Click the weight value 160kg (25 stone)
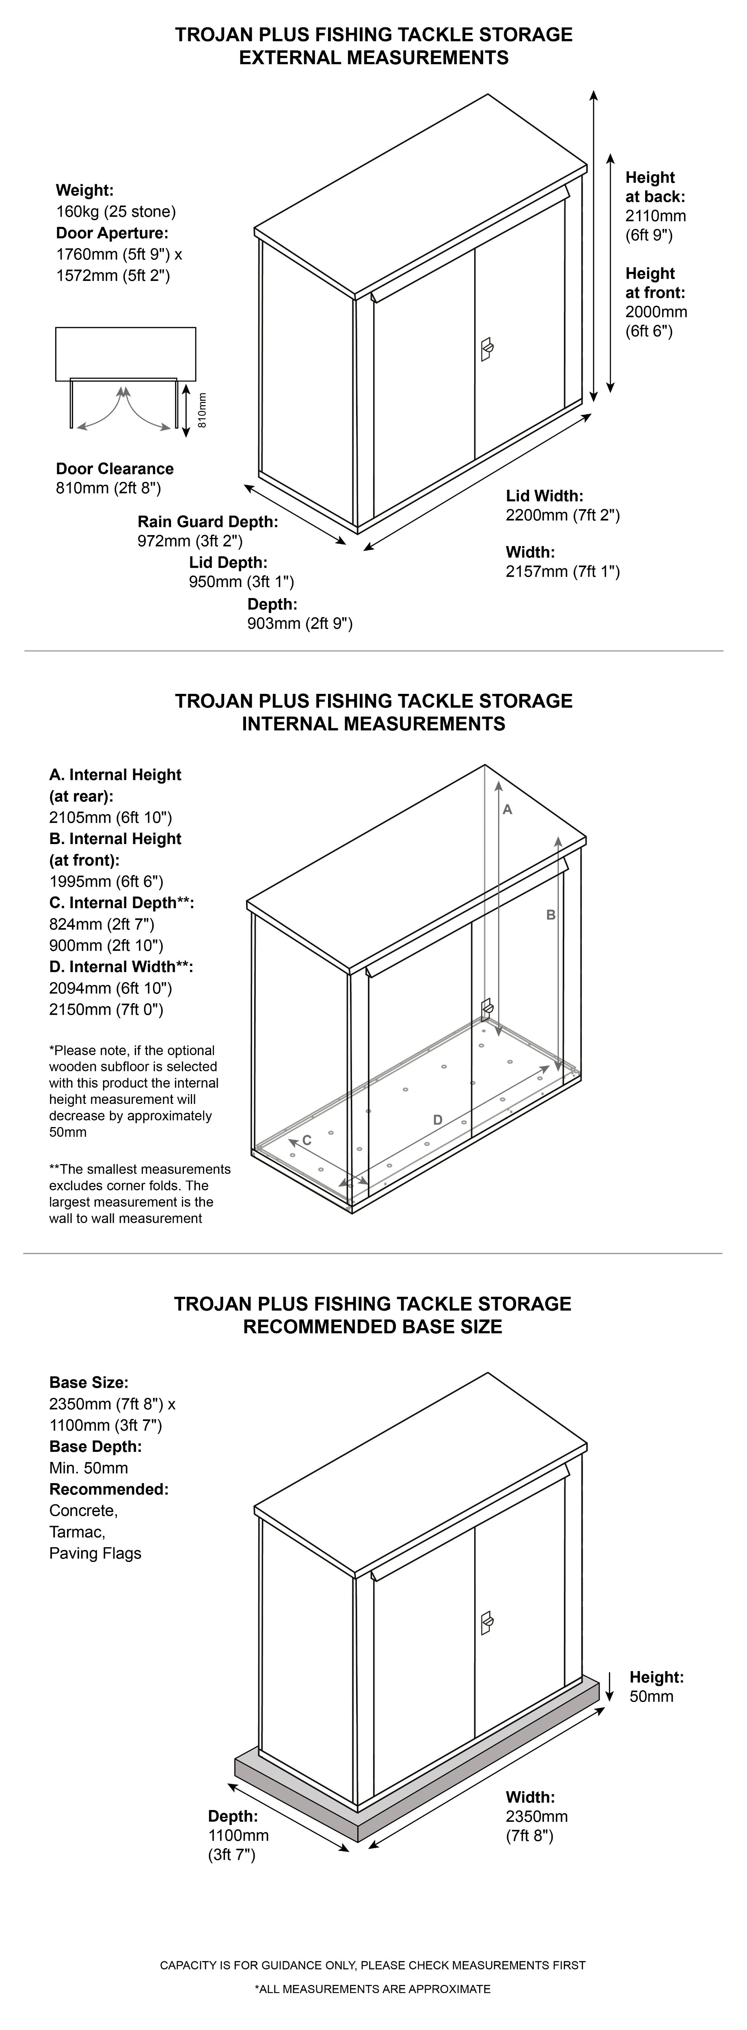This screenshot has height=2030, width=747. pos(116,211)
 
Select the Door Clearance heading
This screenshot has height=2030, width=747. pos(115,469)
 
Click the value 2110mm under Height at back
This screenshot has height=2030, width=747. pos(656,216)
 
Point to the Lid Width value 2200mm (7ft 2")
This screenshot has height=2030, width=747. pos(563,515)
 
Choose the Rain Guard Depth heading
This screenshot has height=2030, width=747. pos(208,522)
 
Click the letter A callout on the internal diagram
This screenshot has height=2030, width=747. pos(507,809)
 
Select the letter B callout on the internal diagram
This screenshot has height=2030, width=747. pos(551,915)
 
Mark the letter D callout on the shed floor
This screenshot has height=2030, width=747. pos(438,1120)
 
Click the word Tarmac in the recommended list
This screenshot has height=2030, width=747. pos(77,1532)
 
